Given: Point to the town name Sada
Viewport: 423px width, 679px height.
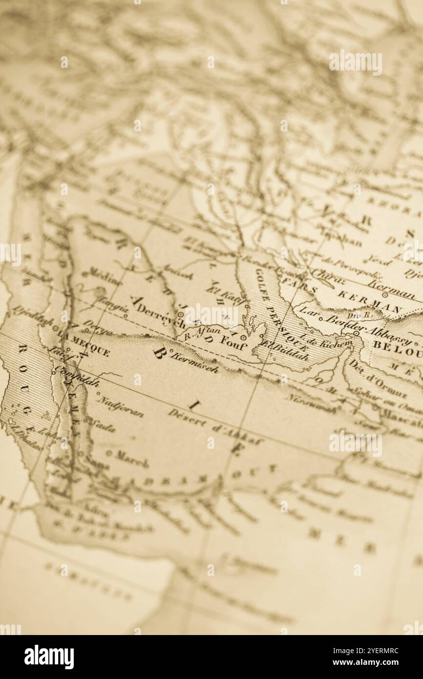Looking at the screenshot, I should (103, 425).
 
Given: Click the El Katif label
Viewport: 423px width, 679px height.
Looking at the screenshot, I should (224, 296).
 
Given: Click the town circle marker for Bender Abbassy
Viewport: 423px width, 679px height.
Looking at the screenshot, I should (356, 334).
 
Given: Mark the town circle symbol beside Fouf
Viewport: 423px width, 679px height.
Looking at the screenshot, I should (243, 337).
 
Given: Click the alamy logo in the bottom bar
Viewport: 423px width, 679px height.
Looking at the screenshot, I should (49, 657).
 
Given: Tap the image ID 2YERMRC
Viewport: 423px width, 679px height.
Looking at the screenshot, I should (378, 651).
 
